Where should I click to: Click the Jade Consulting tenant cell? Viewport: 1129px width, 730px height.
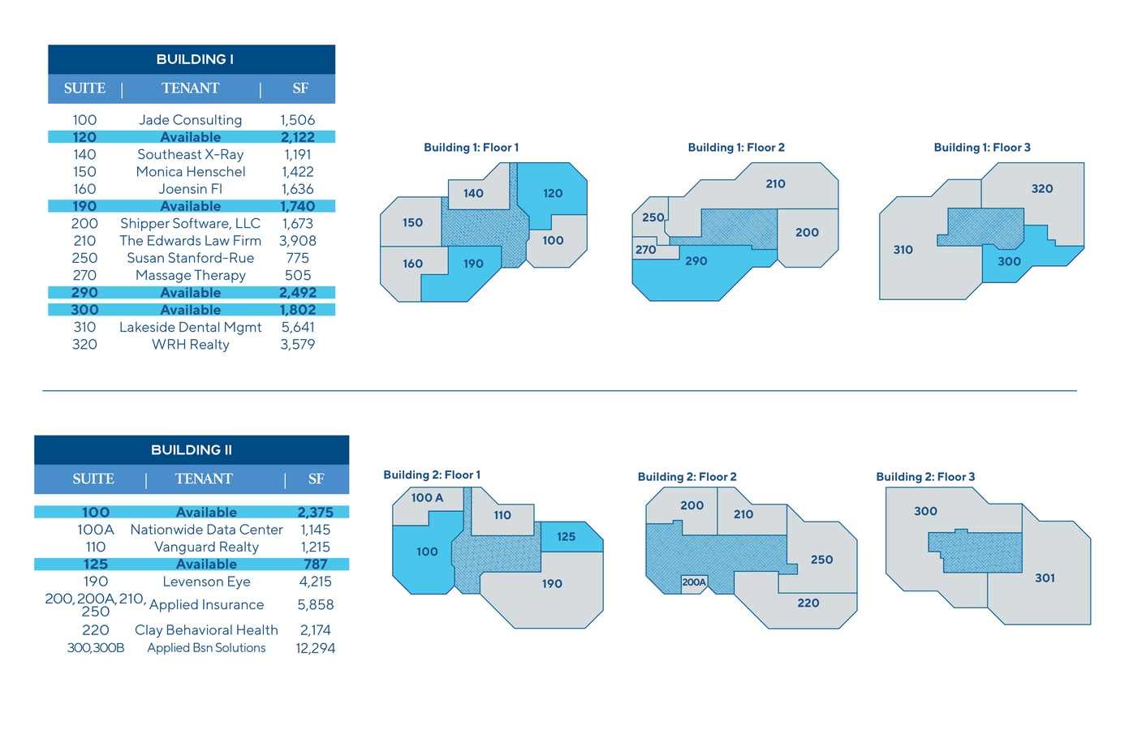[191, 120]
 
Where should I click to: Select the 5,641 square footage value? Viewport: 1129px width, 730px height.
[298, 327]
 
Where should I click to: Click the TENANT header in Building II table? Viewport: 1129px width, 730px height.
[204, 478]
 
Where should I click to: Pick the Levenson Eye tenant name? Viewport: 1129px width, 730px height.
[207, 582]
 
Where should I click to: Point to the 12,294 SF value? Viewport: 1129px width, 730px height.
[316, 648]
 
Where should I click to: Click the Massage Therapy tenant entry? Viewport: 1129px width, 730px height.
[191, 275]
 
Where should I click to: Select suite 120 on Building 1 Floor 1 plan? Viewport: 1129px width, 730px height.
[553, 194]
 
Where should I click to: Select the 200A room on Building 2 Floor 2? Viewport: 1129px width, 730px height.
[694, 583]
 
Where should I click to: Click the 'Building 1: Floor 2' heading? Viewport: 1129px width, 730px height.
[736, 148]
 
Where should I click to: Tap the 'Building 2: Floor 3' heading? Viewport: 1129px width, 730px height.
[925, 477]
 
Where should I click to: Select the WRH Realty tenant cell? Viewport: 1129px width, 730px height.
[191, 345]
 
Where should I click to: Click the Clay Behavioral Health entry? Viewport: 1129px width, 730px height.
[207, 630]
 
